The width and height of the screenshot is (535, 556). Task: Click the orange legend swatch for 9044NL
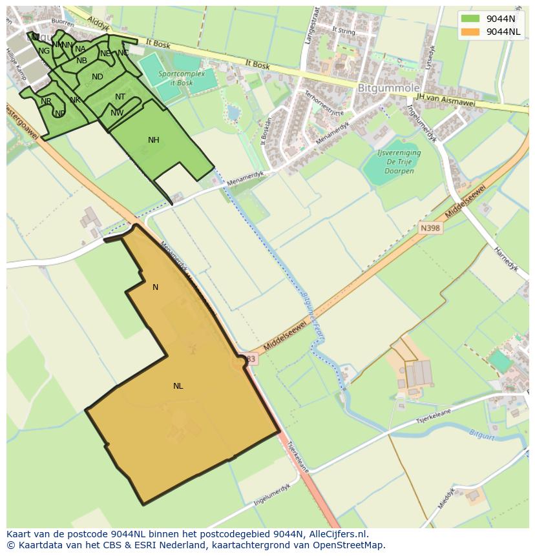(x=470, y=32)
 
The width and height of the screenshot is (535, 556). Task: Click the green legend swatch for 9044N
(x=470, y=19)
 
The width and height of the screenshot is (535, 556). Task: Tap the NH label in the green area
(x=153, y=140)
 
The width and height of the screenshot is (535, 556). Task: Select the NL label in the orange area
(x=178, y=386)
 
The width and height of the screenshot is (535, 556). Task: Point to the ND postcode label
(x=98, y=77)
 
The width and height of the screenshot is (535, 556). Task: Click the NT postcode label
(x=120, y=97)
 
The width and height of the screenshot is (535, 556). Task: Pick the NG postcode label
(x=44, y=51)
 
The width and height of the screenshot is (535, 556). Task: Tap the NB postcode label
(x=81, y=61)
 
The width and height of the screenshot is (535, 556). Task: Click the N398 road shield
(x=430, y=228)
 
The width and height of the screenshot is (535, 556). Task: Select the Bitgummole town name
(x=389, y=88)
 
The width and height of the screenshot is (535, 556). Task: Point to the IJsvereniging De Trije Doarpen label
(x=399, y=162)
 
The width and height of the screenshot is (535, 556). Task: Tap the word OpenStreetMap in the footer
(x=349, y=545)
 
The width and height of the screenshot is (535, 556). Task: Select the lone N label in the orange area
(x=155, y=287)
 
